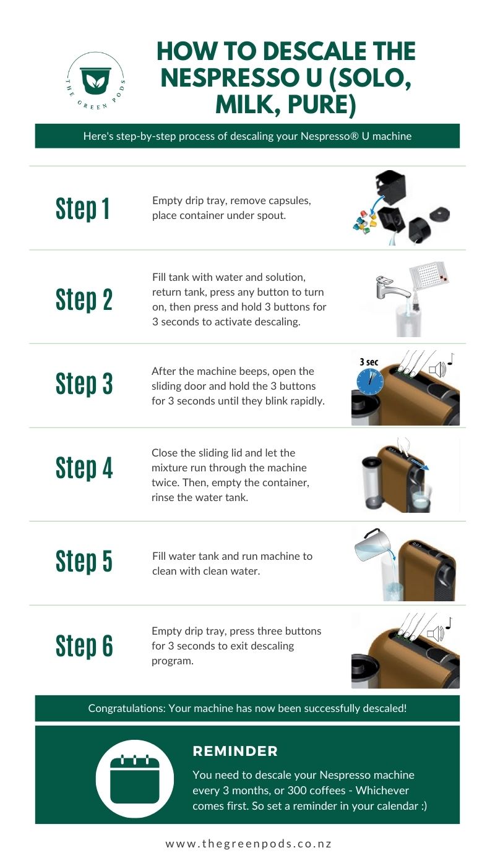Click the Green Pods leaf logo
95,81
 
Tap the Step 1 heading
83,208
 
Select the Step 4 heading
84,467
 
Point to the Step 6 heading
84,645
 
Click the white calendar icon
134,778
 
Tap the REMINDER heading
235,751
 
